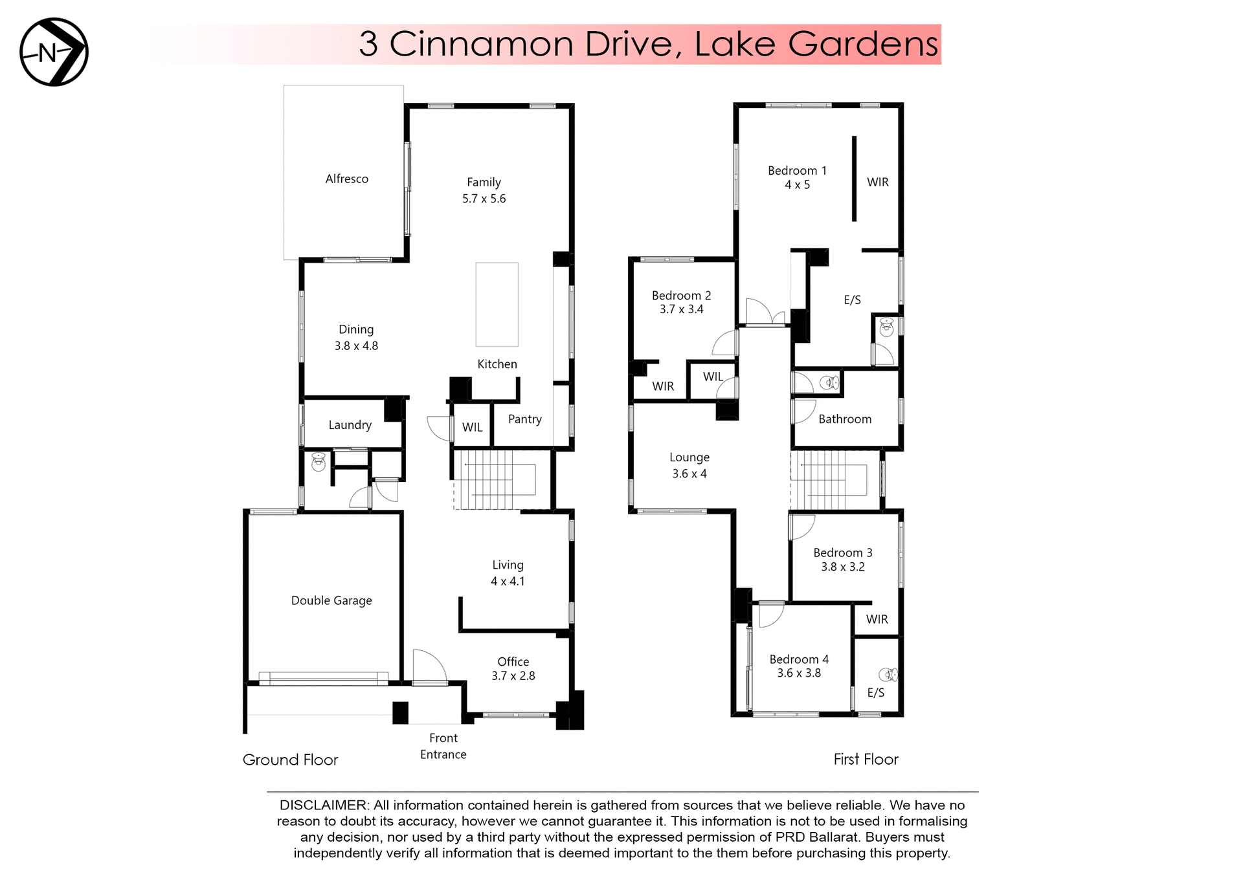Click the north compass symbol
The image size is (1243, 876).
click(54, 52)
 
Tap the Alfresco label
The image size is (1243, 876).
click(346, 179)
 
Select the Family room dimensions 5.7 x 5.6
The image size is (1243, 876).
click(484, 199)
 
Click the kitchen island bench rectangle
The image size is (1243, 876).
click(497, 304)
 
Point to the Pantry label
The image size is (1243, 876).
click(524, 419)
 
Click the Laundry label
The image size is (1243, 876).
click(350, 425)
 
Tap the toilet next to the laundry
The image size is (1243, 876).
click(319, 461)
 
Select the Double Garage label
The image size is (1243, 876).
click(331, 600)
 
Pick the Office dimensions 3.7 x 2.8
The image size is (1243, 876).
click(513, 676)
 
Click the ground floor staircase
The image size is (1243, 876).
click(495, 480)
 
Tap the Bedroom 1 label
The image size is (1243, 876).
click(797, 171)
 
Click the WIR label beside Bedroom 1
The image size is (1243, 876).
click(877, 182)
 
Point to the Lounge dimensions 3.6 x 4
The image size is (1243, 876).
click(689, 474)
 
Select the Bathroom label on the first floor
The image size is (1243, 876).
click(844, 419)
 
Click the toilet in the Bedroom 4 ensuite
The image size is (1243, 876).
click(888, 675)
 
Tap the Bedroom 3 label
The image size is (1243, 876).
click(842, 553)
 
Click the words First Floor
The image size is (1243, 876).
click(866, 760)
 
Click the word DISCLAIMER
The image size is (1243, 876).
click(322, 805)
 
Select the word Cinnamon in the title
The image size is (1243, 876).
click(481, 44)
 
